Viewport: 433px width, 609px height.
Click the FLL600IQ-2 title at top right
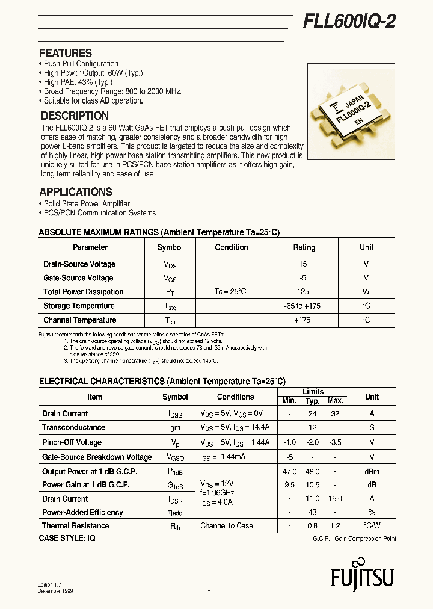(x=349, y=22)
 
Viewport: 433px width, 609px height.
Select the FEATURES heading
(x=66, y=53)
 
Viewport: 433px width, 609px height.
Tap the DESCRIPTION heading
(x=75, y=116)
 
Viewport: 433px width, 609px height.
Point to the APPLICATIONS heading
(x=76, y=192)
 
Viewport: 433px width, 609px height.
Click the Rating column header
(x=304, y=247)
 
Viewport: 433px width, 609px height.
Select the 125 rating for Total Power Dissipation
(x=303, y=292)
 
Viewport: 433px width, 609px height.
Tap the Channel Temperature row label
(x=79, y=320)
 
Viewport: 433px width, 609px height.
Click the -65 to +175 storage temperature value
(x=302, y=306)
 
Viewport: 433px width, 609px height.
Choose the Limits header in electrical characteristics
(x=313, y=392)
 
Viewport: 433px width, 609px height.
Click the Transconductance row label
(x=73, y=428)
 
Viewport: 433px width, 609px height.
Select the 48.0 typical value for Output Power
(x=312, y=472)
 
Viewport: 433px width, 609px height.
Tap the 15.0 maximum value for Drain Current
(x=335, y=499)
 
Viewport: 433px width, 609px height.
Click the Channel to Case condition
(x=227, y=526)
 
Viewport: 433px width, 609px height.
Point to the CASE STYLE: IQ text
(x=67, y=538)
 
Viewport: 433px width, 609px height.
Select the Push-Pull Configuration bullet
(x=81, y=64)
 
